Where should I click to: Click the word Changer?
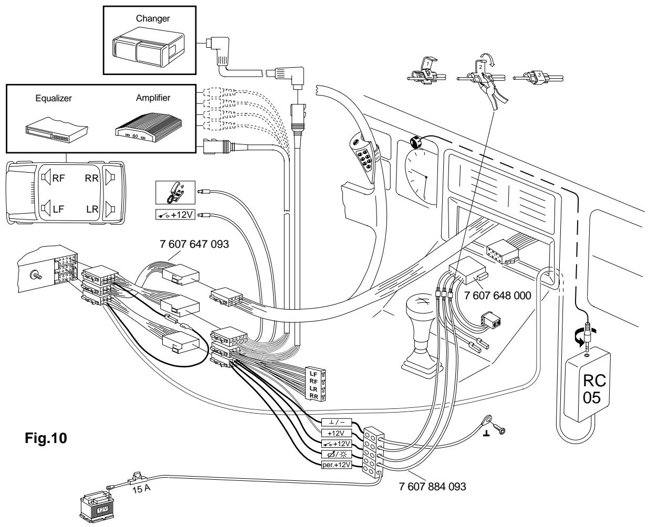coord(152,19)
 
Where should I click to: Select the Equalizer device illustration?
coord(57,130)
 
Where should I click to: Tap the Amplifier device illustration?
coord(149,127)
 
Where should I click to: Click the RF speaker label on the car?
coord(58,178)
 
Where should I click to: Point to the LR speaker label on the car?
coord(92,209)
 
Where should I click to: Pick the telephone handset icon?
coord(175,193)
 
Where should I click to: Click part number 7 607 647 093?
coord(194,244)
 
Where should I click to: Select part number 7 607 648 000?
coord(497,296)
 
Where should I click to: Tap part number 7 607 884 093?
coord(432,487)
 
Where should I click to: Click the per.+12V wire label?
coord(337,465)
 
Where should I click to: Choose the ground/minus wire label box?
coord(337,423)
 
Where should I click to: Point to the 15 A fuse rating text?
coord(141,488)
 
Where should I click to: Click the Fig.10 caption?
coord(46,438)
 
